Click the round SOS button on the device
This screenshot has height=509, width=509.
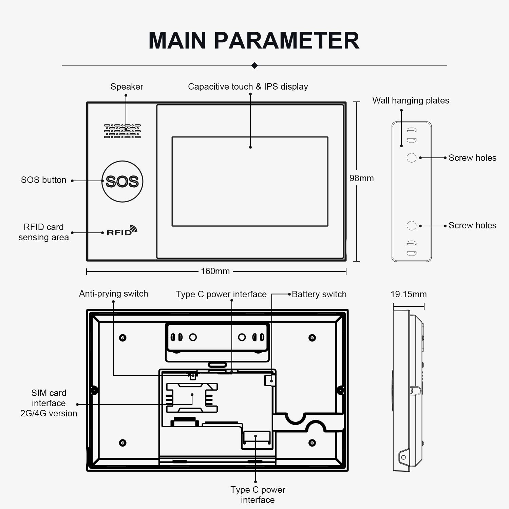tap(122, 182)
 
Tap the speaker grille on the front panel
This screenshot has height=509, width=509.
tap(122, 131)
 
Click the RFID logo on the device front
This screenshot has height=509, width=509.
tap(122, 230)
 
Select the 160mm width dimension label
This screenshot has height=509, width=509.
tap(215, 271)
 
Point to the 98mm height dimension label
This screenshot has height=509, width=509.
tap(361, 178)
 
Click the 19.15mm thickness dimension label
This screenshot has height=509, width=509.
tap(409, 294)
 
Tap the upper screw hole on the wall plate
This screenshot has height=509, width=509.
tap(411, 158)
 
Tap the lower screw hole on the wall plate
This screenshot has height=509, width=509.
tap(411, 226)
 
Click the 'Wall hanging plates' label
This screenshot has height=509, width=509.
tap(411, 100)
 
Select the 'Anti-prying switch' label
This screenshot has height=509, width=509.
tap(114, 294)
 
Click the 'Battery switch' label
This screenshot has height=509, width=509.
tap(319, 294)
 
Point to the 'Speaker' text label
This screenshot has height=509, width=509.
tap(127, 87)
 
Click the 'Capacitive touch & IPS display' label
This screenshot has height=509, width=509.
tap(248, 87)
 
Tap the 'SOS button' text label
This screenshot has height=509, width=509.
tap(43, 180)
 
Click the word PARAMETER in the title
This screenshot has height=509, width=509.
tap(286, 40)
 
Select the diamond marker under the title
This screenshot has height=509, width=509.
tap(254, 65)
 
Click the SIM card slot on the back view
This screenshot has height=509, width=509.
tap(192, 398)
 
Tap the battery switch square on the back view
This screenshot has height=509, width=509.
tap(270, 380)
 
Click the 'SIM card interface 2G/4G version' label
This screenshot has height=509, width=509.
tap(49, 403)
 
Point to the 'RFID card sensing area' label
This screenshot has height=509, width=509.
tap(43, 232)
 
